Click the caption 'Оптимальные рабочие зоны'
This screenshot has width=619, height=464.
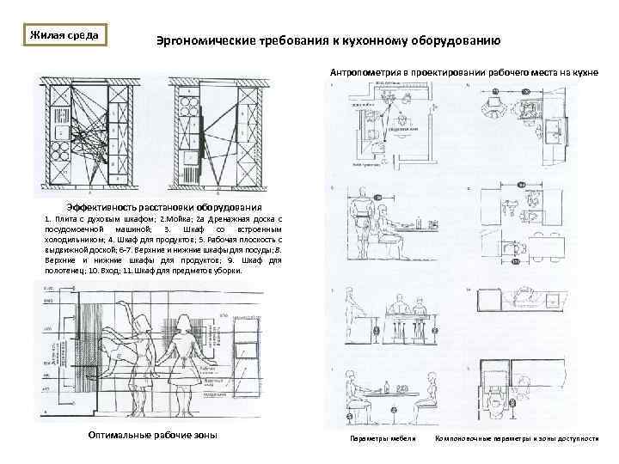[x=153, y=435]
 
